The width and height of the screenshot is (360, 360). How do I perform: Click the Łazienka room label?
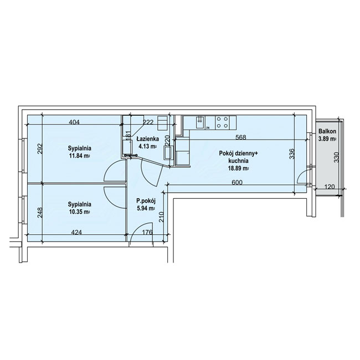(148, 139)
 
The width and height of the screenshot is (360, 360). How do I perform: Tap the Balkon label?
(327, 131)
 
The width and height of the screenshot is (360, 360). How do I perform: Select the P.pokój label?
(146, 201)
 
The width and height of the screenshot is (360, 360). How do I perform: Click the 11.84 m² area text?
(79, 156)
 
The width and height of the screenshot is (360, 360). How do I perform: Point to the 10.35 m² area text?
(79, 212)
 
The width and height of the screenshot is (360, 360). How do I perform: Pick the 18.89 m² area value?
(238, 168)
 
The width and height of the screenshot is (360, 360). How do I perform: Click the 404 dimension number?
(74, 122)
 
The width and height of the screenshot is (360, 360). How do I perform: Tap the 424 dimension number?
(76, 233)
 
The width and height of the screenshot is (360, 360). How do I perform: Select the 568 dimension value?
(241, 137)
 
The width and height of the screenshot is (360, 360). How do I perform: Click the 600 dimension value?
(237, 183)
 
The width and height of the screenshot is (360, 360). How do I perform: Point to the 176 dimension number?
(147, 233)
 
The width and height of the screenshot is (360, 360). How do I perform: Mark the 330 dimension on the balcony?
(336, 157)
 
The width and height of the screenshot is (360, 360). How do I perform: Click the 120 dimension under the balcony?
(330, 187)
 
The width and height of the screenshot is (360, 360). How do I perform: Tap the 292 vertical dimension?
(40, 149)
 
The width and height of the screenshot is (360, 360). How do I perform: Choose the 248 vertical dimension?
(40, 213)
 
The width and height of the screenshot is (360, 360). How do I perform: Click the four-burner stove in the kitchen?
(223, 122)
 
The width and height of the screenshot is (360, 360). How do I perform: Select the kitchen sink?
(200, 122)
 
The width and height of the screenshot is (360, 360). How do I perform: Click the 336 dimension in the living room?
(291, 154)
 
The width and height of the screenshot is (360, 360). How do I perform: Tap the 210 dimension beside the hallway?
(161, 217)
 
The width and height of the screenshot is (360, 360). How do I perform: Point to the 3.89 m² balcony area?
(327, 138)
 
